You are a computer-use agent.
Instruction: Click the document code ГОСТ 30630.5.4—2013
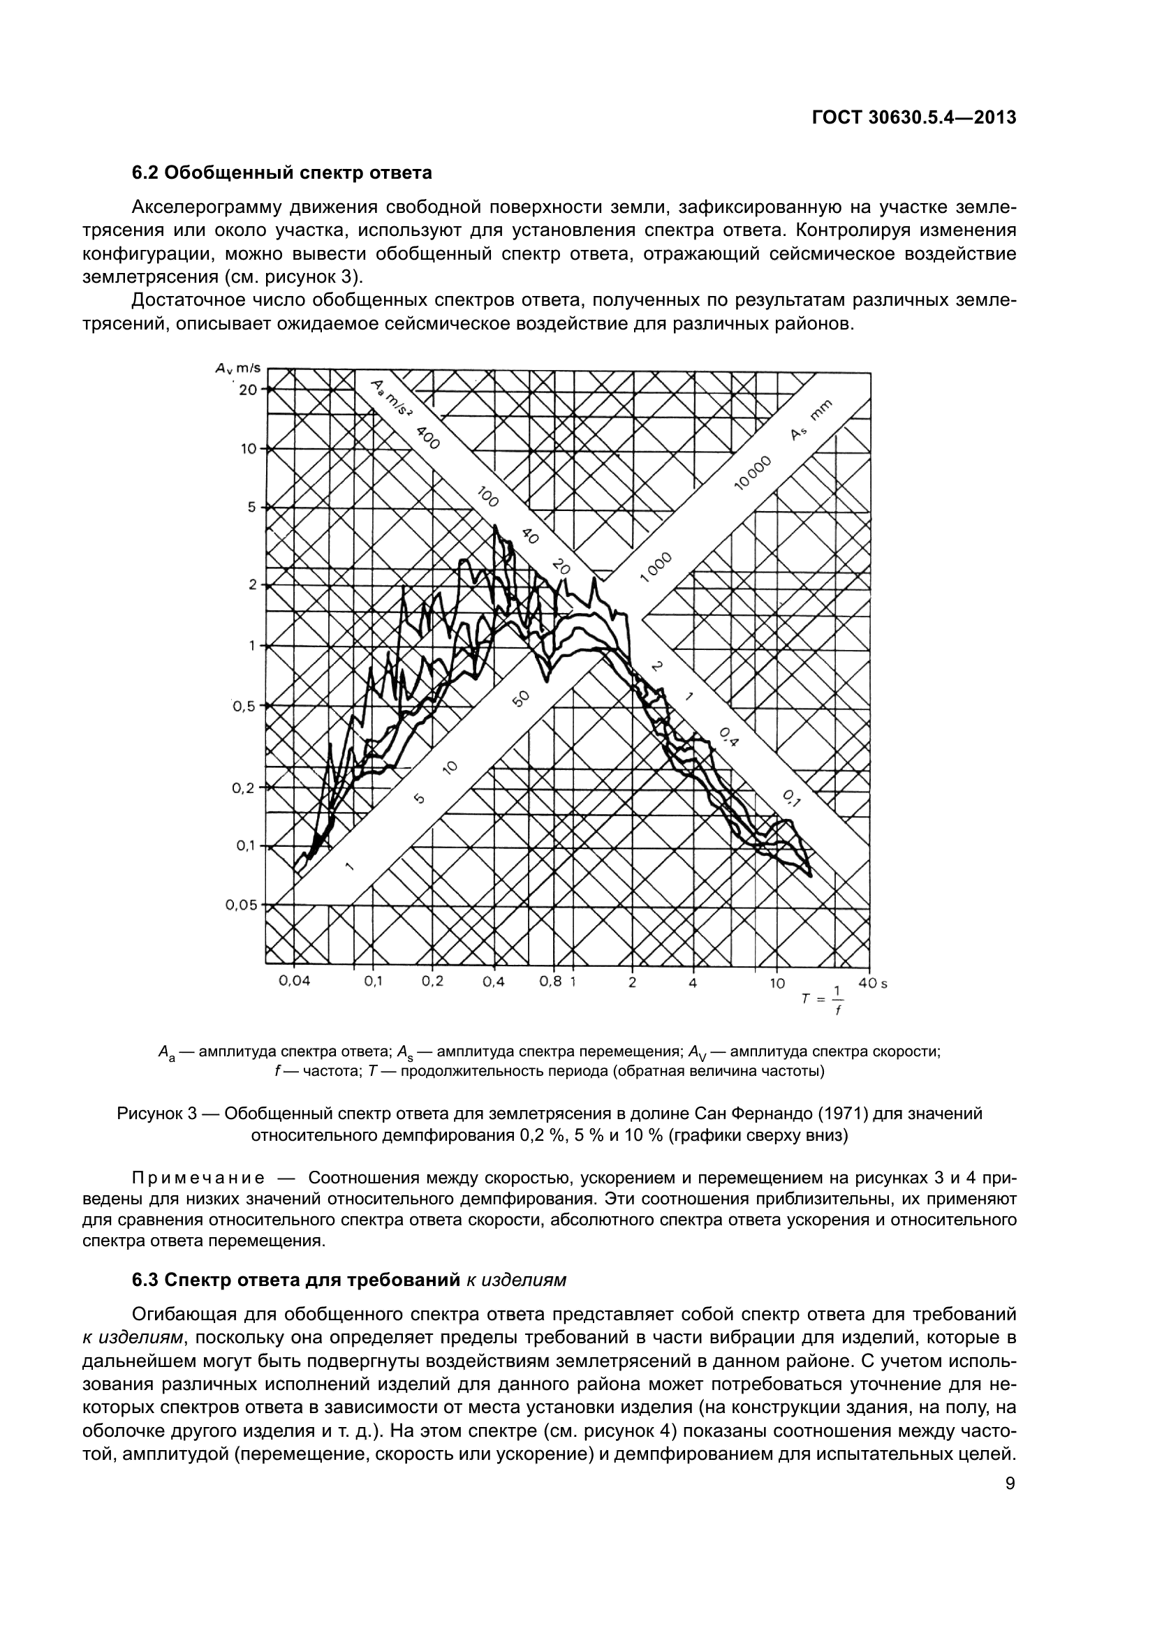[x=913, y=118]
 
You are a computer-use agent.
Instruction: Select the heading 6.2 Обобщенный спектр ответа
[x=281, y=173]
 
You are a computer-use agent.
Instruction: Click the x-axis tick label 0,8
[x=550, y=982]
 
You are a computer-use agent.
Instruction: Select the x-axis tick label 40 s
[x=868, y=984]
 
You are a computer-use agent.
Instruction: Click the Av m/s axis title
[x=239, y=369]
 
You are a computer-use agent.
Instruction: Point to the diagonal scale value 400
[x=428, y=438]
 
